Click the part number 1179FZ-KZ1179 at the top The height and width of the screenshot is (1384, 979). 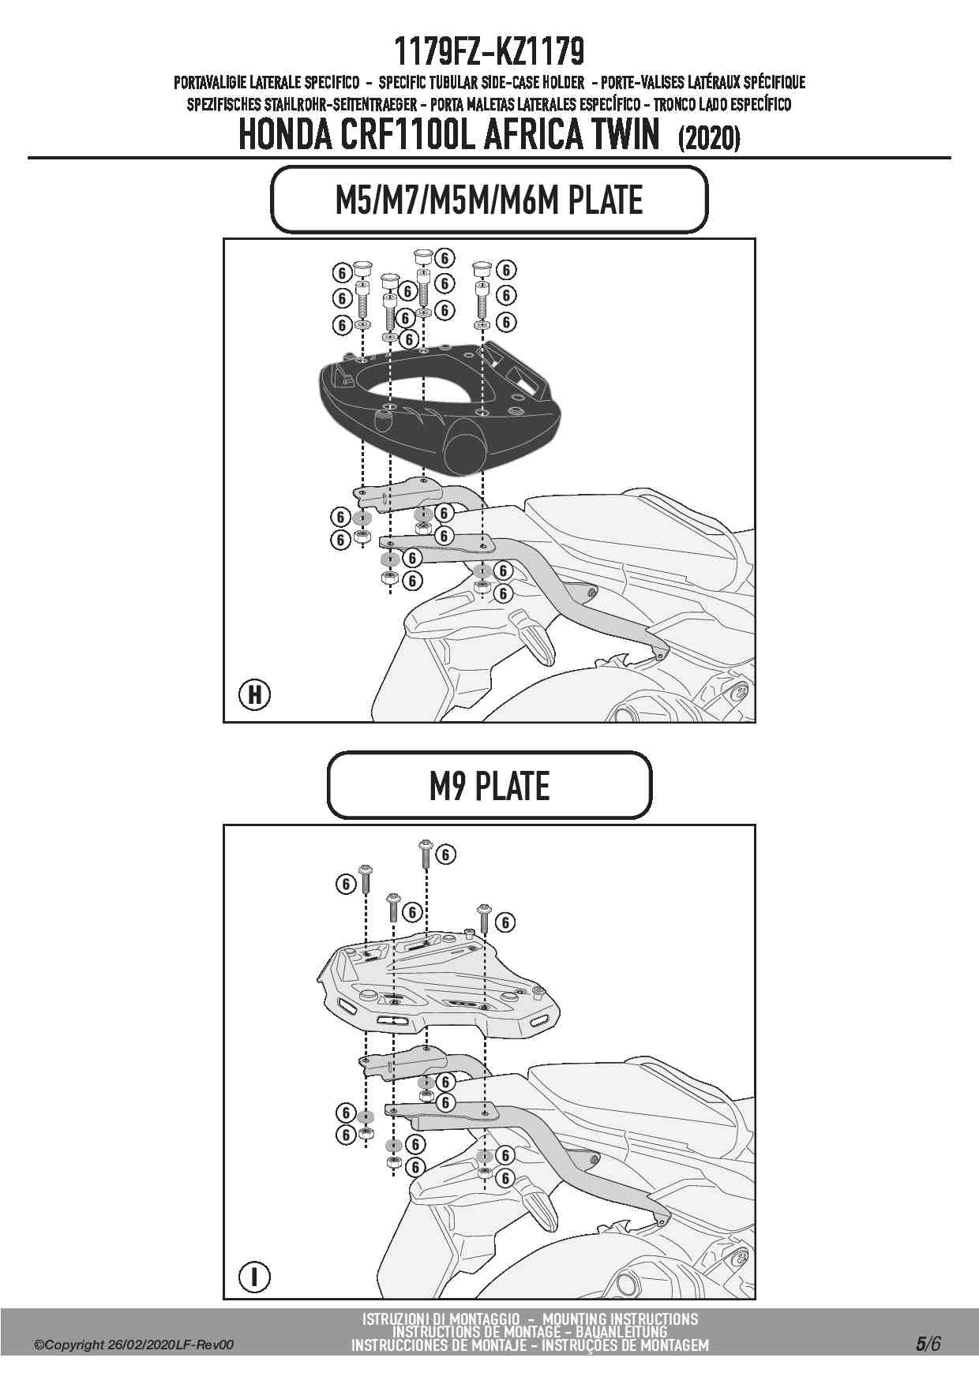coord(489,52)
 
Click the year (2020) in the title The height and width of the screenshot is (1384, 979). coord(708,139)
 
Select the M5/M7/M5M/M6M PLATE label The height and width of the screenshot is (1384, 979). coord(489,200)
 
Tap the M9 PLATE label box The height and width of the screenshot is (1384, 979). coord(489,786)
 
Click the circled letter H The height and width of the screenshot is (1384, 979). coord(254,694)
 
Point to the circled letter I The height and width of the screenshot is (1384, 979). coord(254,1277)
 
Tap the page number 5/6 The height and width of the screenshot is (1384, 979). coord(928,1344)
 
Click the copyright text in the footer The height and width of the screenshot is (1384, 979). coord(133,1345)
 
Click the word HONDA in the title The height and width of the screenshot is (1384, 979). coord(285,136)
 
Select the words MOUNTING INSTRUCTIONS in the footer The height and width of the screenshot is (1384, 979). coord(620,1319)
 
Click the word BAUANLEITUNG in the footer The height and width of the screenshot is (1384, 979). coord(621,1332)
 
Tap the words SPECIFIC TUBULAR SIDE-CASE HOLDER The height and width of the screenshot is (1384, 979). coord(481,82)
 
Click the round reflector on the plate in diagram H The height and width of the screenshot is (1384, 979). coord(466,447)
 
